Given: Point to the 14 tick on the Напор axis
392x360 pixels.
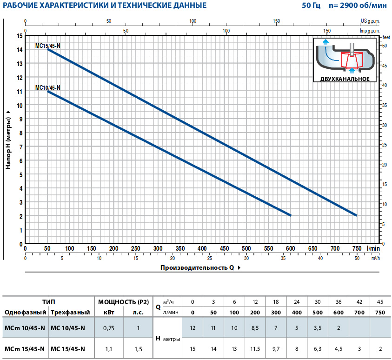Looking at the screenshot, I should (20, 50).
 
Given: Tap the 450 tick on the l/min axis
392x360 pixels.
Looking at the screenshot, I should (224, 248).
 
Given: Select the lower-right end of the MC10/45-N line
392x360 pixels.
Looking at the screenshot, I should (290, 215).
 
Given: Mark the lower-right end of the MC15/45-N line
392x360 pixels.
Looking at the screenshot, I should (356, 215).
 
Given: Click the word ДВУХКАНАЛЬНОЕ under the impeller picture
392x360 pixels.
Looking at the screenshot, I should (345, 79).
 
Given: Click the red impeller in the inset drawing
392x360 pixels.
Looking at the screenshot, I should (351, 60).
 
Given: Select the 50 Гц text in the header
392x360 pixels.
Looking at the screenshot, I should (311, 7).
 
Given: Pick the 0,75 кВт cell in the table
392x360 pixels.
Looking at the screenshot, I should (109, 328).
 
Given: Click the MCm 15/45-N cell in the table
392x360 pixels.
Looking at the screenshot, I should (25, 349).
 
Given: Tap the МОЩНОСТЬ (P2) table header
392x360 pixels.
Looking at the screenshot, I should (124, 302).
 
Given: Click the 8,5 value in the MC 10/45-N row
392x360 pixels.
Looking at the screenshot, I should (255, 328).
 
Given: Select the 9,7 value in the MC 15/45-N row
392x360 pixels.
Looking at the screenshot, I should (276, 349).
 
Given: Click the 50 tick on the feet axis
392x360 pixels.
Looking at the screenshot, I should (385, 46).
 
